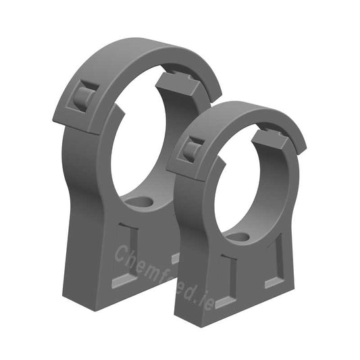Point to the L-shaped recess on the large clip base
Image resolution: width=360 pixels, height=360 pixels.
(128, 257)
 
